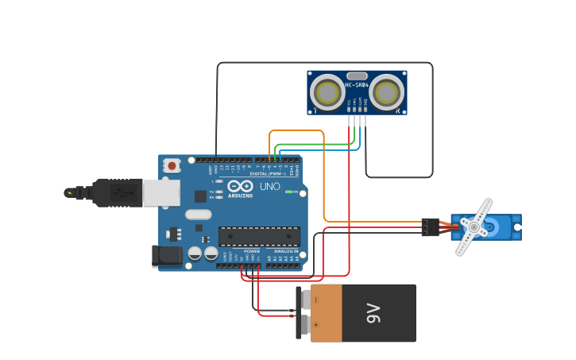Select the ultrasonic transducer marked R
tap(386, 93)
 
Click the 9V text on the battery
tap(374, 313)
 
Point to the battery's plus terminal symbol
tap(316, 325)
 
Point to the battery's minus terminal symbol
tap(316, 300)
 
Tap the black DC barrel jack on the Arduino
tap(167, 255)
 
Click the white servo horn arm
tap(474, 226)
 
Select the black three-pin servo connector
tap(431, 226)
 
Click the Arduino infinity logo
tap(240, 187)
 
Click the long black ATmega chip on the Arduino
tap(259, 236)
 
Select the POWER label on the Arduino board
tap(252, 251)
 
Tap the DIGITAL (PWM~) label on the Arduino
tap(267, 173)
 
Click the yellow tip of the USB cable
tap(70, 192)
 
